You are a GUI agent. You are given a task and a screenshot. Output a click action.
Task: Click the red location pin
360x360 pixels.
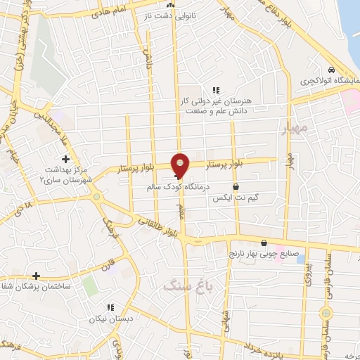[x=180, y=165]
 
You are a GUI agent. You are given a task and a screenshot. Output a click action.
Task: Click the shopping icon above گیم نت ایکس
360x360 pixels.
[x=234, y=186]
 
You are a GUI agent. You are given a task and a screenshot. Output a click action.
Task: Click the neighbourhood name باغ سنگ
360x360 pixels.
[x=181, y=285]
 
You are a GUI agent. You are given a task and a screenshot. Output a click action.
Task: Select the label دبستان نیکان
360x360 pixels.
[x=110, y=319]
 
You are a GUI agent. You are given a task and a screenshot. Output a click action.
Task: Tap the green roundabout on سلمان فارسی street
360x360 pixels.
[x=326, y=311]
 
